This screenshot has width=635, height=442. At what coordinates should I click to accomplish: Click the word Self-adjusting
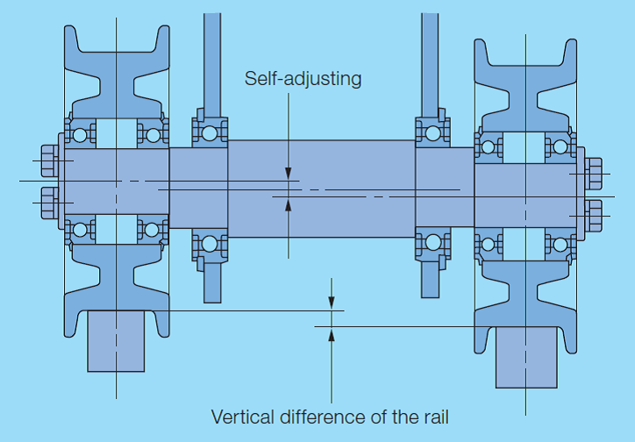[303, 79]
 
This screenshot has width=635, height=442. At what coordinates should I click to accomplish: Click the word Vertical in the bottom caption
[241, 416]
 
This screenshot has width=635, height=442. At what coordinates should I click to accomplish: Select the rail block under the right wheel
[526, 356]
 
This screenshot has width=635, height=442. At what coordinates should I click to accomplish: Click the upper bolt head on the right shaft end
[594, 174]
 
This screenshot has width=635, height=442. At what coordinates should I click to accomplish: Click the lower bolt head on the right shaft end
[594, 215]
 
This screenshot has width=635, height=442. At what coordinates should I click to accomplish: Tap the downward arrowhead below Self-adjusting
[289, 173]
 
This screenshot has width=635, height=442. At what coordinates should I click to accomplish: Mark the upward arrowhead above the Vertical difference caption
[331, 332]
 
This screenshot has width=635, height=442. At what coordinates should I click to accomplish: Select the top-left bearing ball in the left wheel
[81, 135]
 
